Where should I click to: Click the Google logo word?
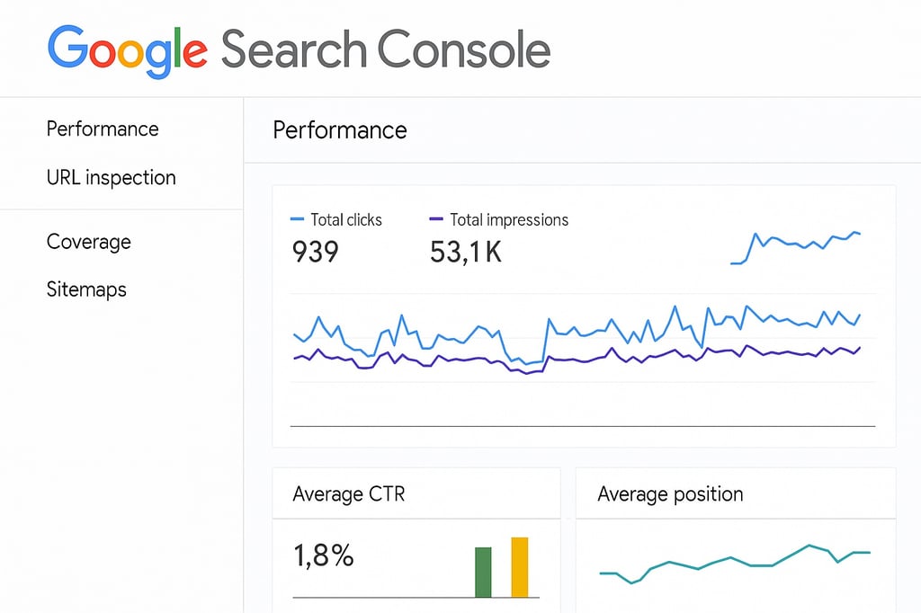coord(128,51)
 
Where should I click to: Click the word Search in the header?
coord(294,49)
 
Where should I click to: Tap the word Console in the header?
coord(463,49)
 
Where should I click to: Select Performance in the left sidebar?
coord(103,129)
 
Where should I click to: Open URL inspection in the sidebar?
coord(111,177)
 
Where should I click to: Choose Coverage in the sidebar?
coord(89,242)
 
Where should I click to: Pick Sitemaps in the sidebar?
coord(86,289)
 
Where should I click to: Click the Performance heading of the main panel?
coord(340,129)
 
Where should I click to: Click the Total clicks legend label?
coord(346,219)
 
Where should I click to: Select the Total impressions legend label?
coord(509,219)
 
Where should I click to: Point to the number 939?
coord(316,252)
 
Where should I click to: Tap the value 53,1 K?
coord(466,252)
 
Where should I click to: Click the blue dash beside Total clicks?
coord(297,219)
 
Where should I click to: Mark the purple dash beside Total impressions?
coord(436,219)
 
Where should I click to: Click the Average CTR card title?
coord(349,494)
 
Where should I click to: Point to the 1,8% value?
coord(324,555)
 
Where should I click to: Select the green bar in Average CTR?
coord(483,573)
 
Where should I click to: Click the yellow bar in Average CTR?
coord(520,567)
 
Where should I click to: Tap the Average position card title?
coord(670,494)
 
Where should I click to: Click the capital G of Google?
coord(67,47)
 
